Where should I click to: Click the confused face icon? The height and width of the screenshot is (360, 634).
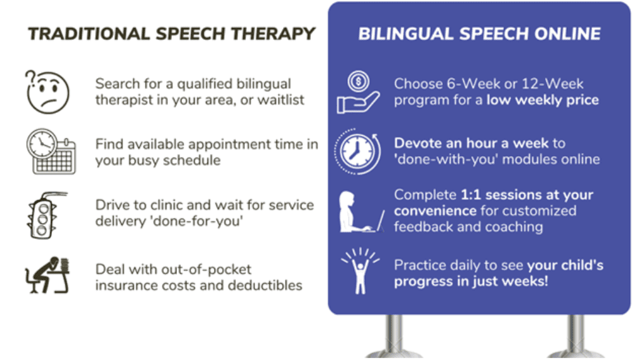tap(48, 92)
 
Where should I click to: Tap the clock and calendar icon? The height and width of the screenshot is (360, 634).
tap(51, 152)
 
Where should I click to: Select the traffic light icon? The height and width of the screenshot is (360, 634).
tap(44, 215)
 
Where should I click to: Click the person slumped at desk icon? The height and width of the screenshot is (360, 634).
tap(48, 275)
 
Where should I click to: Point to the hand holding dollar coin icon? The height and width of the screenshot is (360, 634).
tap(358, 92)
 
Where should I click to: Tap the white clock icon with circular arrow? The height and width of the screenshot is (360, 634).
tap(357, 152)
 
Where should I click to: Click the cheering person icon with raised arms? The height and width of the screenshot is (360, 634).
tap(360, 270)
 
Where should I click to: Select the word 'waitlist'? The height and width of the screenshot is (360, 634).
tap(281, 100)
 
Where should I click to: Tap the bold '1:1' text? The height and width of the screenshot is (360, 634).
tap(471, 195)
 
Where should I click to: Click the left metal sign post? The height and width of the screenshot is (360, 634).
tap(394, 337)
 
